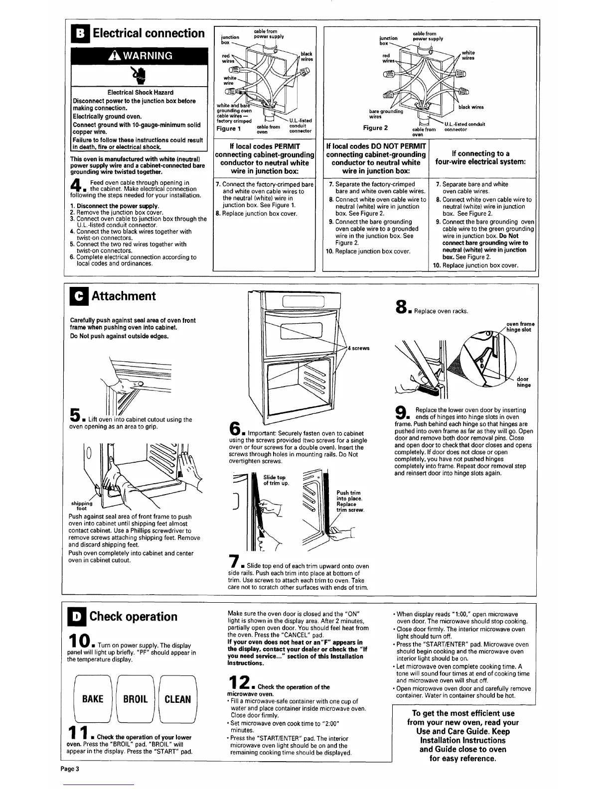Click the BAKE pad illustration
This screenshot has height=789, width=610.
click(93, 699)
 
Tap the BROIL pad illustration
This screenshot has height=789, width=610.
click(135, 699)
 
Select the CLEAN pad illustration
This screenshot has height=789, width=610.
click(177, 699)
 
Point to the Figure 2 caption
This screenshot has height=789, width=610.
click(376, 128)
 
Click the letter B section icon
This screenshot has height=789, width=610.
click(80, 33)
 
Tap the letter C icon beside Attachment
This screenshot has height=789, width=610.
click(80, 296)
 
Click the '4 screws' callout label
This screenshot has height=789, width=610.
click(358, 348)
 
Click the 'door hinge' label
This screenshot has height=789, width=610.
click(523, 382)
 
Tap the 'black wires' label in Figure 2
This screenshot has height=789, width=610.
click(470, 107)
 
